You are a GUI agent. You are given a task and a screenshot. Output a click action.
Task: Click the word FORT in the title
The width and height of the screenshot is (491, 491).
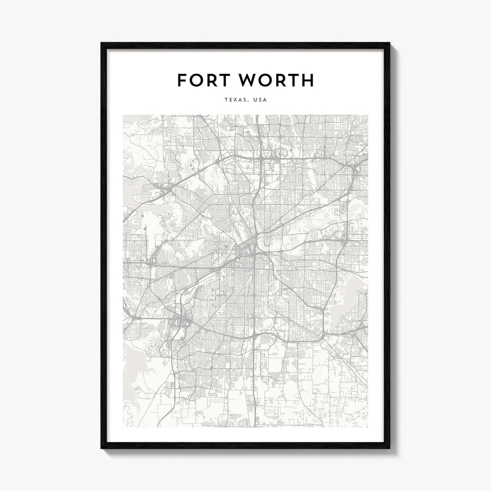(204, 81)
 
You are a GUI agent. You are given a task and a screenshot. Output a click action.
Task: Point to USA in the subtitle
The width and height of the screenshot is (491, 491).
(259, 100)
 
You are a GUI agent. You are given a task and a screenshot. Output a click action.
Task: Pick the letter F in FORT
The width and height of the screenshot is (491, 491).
(182, 81)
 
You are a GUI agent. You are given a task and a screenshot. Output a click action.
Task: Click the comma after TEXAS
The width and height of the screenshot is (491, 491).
(248, 102)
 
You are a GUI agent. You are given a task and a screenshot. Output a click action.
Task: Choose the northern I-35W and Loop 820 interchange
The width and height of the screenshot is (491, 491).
(259, 156)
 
